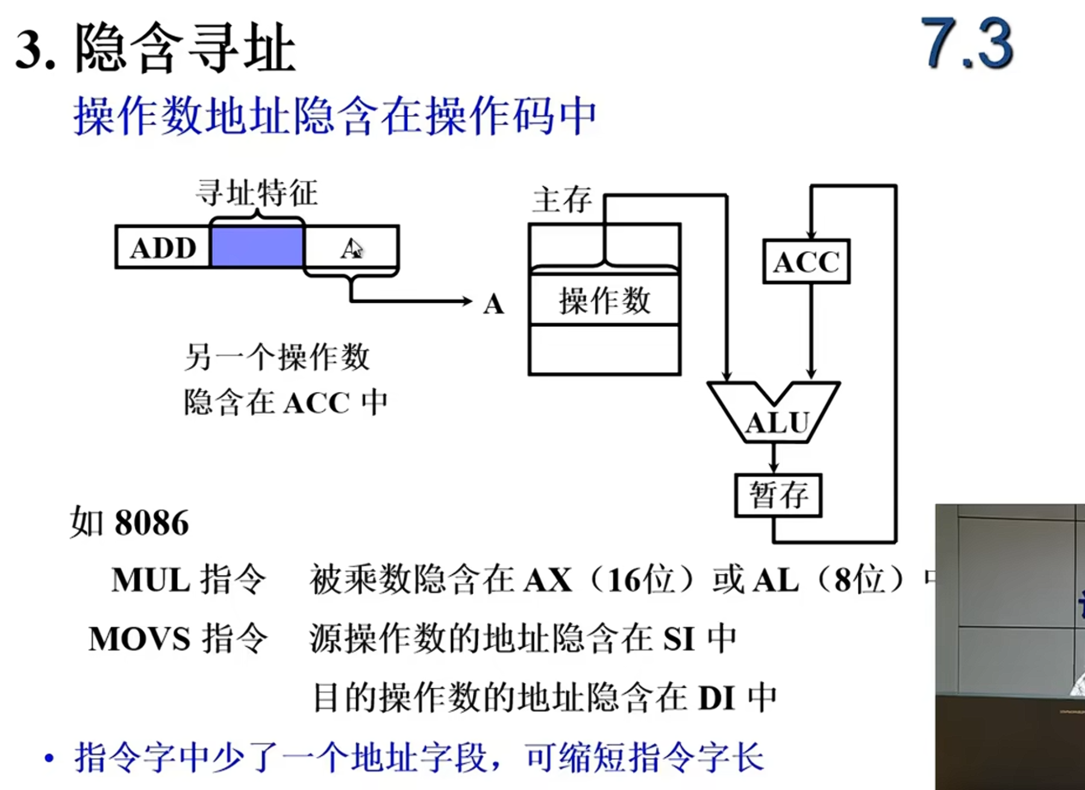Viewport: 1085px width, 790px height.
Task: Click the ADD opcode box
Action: [163, 247]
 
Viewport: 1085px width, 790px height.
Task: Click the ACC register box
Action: [806, 262]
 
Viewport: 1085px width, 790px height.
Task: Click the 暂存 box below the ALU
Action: [778, 496]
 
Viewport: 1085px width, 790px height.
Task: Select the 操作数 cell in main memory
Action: [604, 300]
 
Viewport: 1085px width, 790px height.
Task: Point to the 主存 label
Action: [561, 200]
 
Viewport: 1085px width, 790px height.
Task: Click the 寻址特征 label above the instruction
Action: [257, 193]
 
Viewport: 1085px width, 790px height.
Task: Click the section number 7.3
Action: [966, 45]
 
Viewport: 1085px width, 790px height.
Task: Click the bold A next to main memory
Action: [493, 305]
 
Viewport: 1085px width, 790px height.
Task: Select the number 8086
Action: [151, 523]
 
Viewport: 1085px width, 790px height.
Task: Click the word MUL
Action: [151, 580]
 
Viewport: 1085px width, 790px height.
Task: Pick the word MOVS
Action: [139, 639]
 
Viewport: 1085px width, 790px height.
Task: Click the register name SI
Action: [679, 639]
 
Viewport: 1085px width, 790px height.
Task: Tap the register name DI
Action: [717, 699]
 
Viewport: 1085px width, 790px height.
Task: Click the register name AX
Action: [548, 580]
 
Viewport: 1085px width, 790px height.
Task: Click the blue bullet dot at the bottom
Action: [49, 758]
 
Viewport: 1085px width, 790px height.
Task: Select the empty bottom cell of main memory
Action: [604, 350]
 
